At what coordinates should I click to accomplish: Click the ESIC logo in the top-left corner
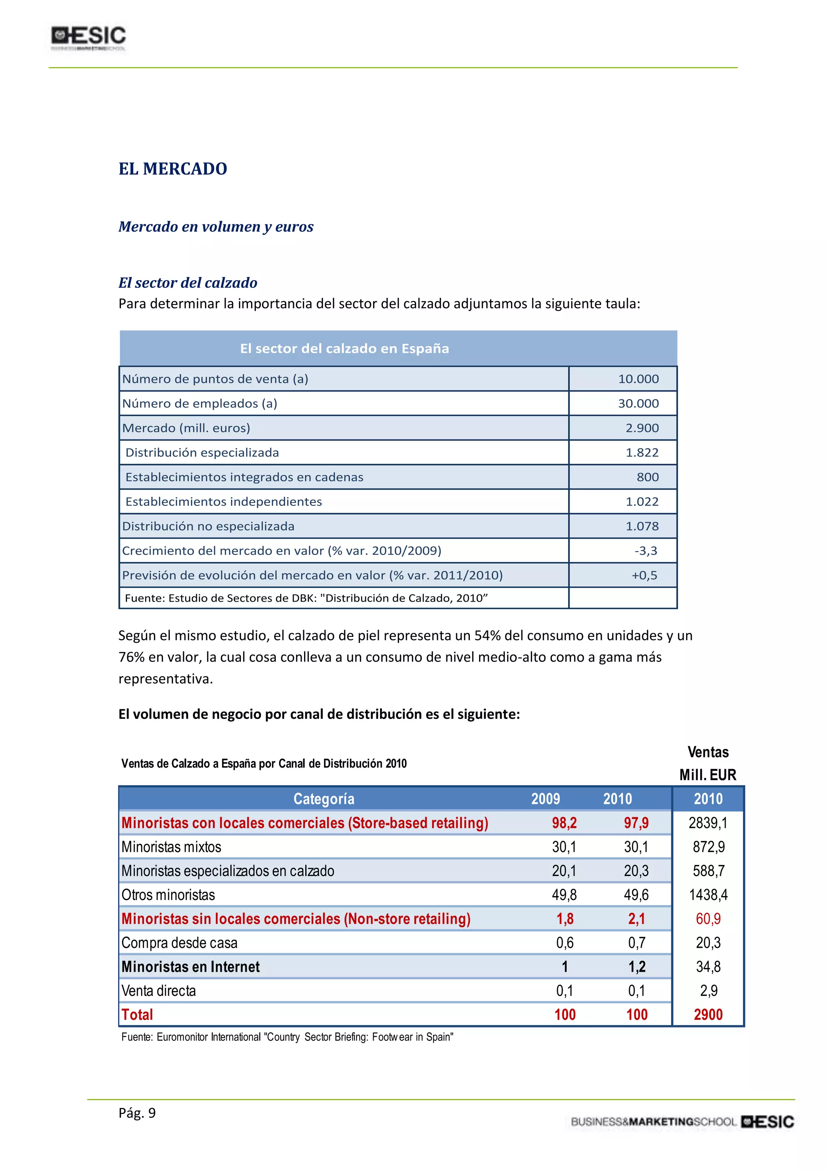[x=88, y=38]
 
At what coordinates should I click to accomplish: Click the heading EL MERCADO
[x=173, y=169]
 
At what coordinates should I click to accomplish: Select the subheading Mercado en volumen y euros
[x=215, y=226]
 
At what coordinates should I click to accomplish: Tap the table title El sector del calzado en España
[x=344, y=348]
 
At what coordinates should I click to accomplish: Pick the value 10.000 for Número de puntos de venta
[x=638, y=379]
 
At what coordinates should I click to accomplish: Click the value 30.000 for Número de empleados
[x=638, y=404]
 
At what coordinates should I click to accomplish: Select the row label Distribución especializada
[x=202, y=452]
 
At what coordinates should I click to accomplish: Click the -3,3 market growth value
[x=646, y=551]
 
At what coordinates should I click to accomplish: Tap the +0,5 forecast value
[x=644, y=575]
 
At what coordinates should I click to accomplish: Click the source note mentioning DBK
[x=306, y=598]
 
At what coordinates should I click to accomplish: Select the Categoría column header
[x=324, y=799]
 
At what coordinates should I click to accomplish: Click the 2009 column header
[x=545, y=799]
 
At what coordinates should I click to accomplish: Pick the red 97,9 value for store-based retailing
[x=636, y=823]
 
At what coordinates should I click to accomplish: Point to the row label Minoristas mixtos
[x=171, y=847]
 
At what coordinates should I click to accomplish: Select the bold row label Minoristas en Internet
[x=190, y=967]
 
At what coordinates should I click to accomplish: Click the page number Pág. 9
[x=137, y=1113]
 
